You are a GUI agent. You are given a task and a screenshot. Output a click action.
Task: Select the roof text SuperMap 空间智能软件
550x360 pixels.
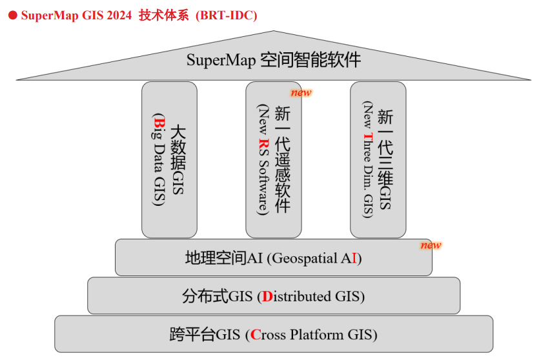pos(274,61)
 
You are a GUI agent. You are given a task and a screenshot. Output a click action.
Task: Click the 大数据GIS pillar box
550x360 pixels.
pos(169,159)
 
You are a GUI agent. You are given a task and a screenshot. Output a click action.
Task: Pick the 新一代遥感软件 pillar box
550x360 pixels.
pos(273,159)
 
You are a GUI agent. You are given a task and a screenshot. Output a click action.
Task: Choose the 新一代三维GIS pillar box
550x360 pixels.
pos(378,159)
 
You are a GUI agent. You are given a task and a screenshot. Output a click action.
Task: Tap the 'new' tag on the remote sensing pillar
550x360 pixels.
pos(301,92)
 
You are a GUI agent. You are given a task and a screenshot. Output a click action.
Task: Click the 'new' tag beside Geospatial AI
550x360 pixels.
pos(431,245)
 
